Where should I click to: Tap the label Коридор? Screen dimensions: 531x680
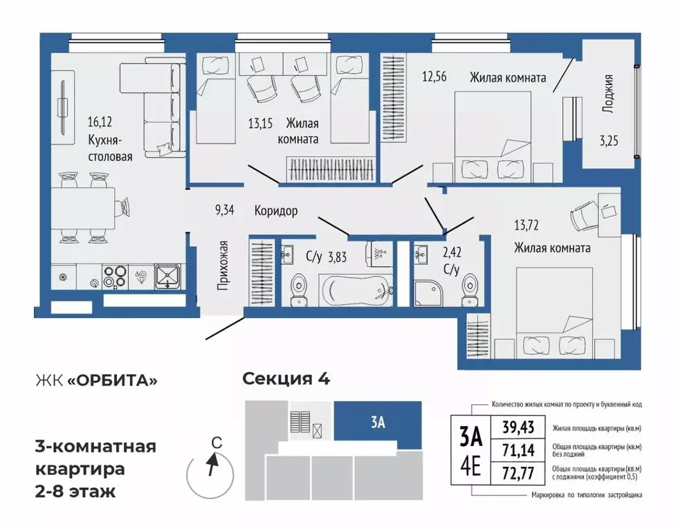(x=275, y=211)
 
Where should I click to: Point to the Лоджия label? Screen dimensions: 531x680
(x=608, y=97)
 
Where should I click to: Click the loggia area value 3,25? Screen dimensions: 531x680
(x=609, y=141)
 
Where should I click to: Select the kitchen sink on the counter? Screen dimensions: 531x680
(x=168, y=277)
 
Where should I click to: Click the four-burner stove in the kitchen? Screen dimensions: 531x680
(x=113, y=277)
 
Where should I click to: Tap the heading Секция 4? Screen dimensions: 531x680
(x=286, y=379)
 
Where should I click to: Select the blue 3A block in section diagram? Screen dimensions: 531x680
(x=378, y=424)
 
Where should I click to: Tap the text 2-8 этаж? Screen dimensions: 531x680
(x=75, y=492)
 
